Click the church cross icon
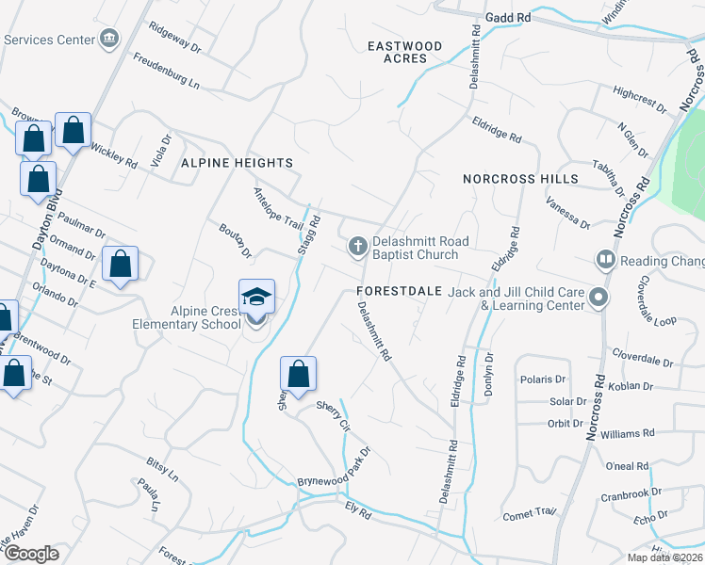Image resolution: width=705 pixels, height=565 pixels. [357, 247]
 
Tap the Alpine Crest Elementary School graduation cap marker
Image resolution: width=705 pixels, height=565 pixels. [256, 299]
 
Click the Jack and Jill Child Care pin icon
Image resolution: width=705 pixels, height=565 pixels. [598, 299]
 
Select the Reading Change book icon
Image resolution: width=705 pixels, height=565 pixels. [604, 259]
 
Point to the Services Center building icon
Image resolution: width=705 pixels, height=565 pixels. [110, 40]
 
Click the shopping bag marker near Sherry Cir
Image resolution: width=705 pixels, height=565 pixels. [299, 374]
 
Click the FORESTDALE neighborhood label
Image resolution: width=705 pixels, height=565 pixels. [400, 291]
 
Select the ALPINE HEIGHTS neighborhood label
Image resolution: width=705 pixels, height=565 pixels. [237, 163]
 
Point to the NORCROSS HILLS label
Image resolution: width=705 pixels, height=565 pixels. [520, 178]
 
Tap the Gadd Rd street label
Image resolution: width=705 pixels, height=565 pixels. [509, 17]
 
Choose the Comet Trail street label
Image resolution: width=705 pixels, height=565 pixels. [530, 512]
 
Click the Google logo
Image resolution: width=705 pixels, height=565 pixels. [32, 553]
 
